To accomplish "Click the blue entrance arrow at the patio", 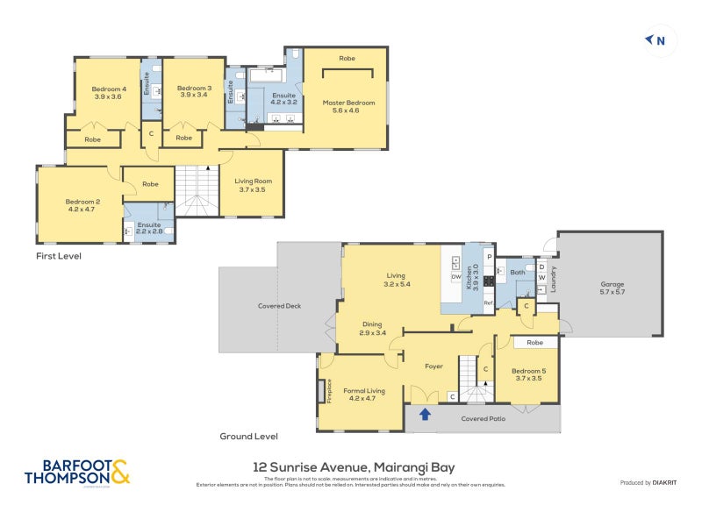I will (x=426, y=415).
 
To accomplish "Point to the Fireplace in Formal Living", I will (x=329, y=389).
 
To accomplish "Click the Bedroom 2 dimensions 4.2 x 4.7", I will (x=80, y=210).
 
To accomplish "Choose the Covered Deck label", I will (x=279, y=306).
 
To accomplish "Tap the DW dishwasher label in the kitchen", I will (x=455, y=278).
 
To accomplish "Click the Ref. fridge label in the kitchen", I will (x=489, y=303).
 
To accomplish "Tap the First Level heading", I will (x=59, y=257).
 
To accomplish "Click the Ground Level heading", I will (x=249, y=436).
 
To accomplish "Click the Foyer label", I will (x=433, y=366).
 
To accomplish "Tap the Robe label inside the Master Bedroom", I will (x=347, y=59).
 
